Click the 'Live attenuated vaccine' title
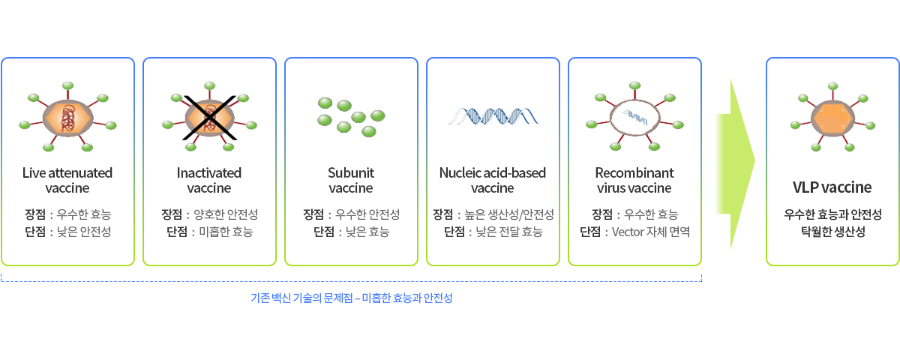tap(67, 181)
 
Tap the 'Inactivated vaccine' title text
tap(209, 181)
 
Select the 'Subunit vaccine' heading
tap(351, 181)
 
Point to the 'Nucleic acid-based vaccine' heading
tap(493, 181)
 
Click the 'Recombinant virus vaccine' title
tap(634, 181)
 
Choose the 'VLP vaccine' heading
tap(832, 187)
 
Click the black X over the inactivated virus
tap(209, 118)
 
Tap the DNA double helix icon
tap(493, 116)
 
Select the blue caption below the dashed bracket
tap(352, 298)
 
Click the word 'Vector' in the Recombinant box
tap(628, 232)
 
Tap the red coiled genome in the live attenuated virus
tap(67, 118)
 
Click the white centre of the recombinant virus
tap(634, 118)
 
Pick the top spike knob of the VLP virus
tap(833, 86)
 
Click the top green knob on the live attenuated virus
tap(68, 85)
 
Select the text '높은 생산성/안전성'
tap(509, 214)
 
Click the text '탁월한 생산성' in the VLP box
tap(833, 232)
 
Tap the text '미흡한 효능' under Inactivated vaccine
tap(226, 232)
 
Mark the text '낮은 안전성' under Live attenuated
tap(84, 232)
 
